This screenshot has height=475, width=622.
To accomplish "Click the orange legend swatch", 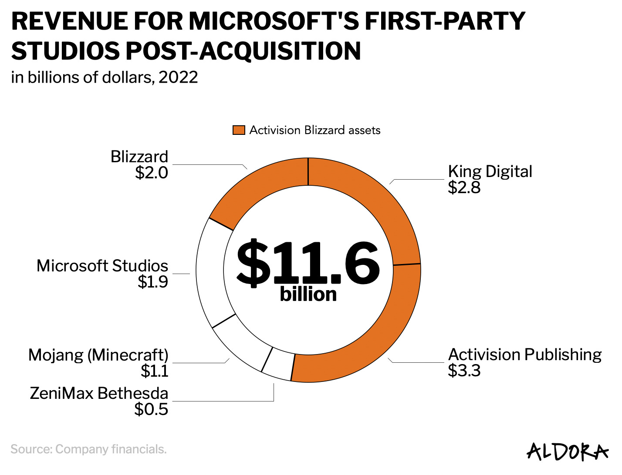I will (x=239, y=130).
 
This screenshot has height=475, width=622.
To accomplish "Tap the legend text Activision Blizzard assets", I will (x=314, y=130).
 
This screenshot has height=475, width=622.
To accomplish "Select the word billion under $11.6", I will (x=308, y=294).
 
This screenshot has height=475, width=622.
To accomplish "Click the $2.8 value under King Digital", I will (x=464, y=187).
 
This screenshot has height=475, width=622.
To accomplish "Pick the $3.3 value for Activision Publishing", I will (x=464, y=371).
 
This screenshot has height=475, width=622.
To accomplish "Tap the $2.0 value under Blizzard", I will (x=151, y=173).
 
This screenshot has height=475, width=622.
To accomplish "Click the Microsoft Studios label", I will (x=102, y=266).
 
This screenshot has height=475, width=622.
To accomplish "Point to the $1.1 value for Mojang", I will (x=154, y=371).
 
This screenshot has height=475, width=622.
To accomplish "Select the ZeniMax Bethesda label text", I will (x=99, y=393).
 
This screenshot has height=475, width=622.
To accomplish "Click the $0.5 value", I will (x=151, y=409).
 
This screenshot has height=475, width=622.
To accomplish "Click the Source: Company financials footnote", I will (x=88, y=449).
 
